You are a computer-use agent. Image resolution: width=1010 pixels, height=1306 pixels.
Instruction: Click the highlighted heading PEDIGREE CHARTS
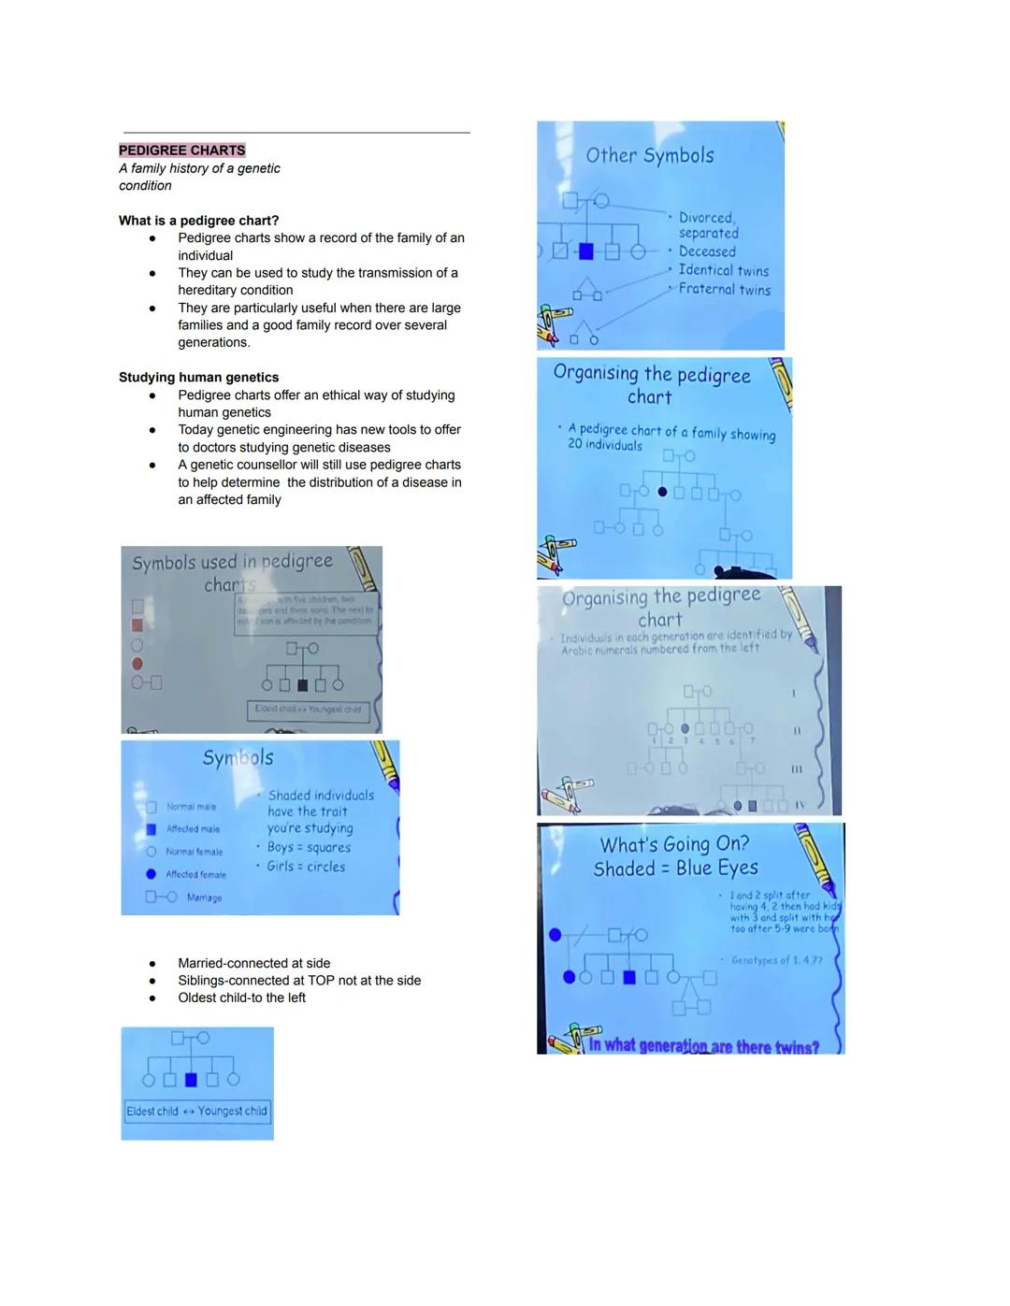pyautogui.click(x=181, y=151)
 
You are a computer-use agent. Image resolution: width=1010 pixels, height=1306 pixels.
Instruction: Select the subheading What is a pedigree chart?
pyautogui.click(x=198, y=221)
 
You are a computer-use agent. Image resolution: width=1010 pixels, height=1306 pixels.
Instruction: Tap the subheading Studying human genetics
pyautogui.click(x=198, y=378)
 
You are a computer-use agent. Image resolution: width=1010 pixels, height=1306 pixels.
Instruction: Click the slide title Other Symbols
pyautogui.click(x=650, y=156)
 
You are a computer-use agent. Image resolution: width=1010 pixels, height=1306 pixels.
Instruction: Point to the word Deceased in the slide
pyautogui.click(x=707, y=251)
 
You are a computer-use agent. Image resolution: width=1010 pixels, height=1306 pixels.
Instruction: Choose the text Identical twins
pyautogui.click(x=723, y=271)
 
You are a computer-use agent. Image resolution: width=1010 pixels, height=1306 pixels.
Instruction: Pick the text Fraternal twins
pyautogui.click(x=725, y=290)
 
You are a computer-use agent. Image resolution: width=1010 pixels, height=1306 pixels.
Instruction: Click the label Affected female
pyautogui.click(x=195, y=875)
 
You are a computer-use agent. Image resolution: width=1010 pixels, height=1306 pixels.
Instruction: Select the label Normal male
pyautogui.click(x=191, y=807)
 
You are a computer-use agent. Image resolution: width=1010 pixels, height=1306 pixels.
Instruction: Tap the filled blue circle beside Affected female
pyautogui.click(x=151, y=874)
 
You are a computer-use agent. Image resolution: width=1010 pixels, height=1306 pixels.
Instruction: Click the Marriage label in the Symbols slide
pyautogui.click(x=204, y=897)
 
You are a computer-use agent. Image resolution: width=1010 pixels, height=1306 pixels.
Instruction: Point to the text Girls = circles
pyautogui.click(x=306, y=867)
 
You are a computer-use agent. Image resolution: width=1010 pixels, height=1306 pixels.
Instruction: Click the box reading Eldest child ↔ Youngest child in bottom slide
pyautogui.click(x=197, y=1112)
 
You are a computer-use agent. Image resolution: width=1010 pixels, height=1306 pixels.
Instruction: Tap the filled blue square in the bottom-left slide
pyautogui.click(x=191, y=1080)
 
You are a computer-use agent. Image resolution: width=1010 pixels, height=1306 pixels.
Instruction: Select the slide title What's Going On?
pyautogui.click(x=674, y=844)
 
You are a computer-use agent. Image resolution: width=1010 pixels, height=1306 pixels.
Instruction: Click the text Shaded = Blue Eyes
pyautogui.click(x=676, y=868)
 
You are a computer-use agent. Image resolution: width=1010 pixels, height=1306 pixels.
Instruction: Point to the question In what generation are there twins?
pyautogui.click(x=703, y=1046)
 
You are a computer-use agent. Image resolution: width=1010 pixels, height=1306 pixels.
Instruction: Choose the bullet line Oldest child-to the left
pyautogui.click(x=241, y=997)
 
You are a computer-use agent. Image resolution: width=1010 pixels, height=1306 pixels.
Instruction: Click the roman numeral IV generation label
pyautogui.click(x=801, y=804)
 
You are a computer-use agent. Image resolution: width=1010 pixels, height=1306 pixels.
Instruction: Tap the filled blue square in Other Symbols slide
pyautogui.click(x=586, y=251)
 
